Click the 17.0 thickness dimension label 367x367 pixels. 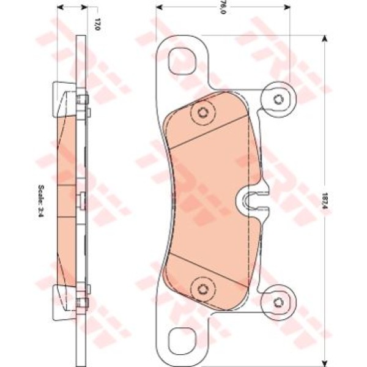[96, 24]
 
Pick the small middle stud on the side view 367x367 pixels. [82, 198]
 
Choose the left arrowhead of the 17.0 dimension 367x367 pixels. [58, 8]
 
